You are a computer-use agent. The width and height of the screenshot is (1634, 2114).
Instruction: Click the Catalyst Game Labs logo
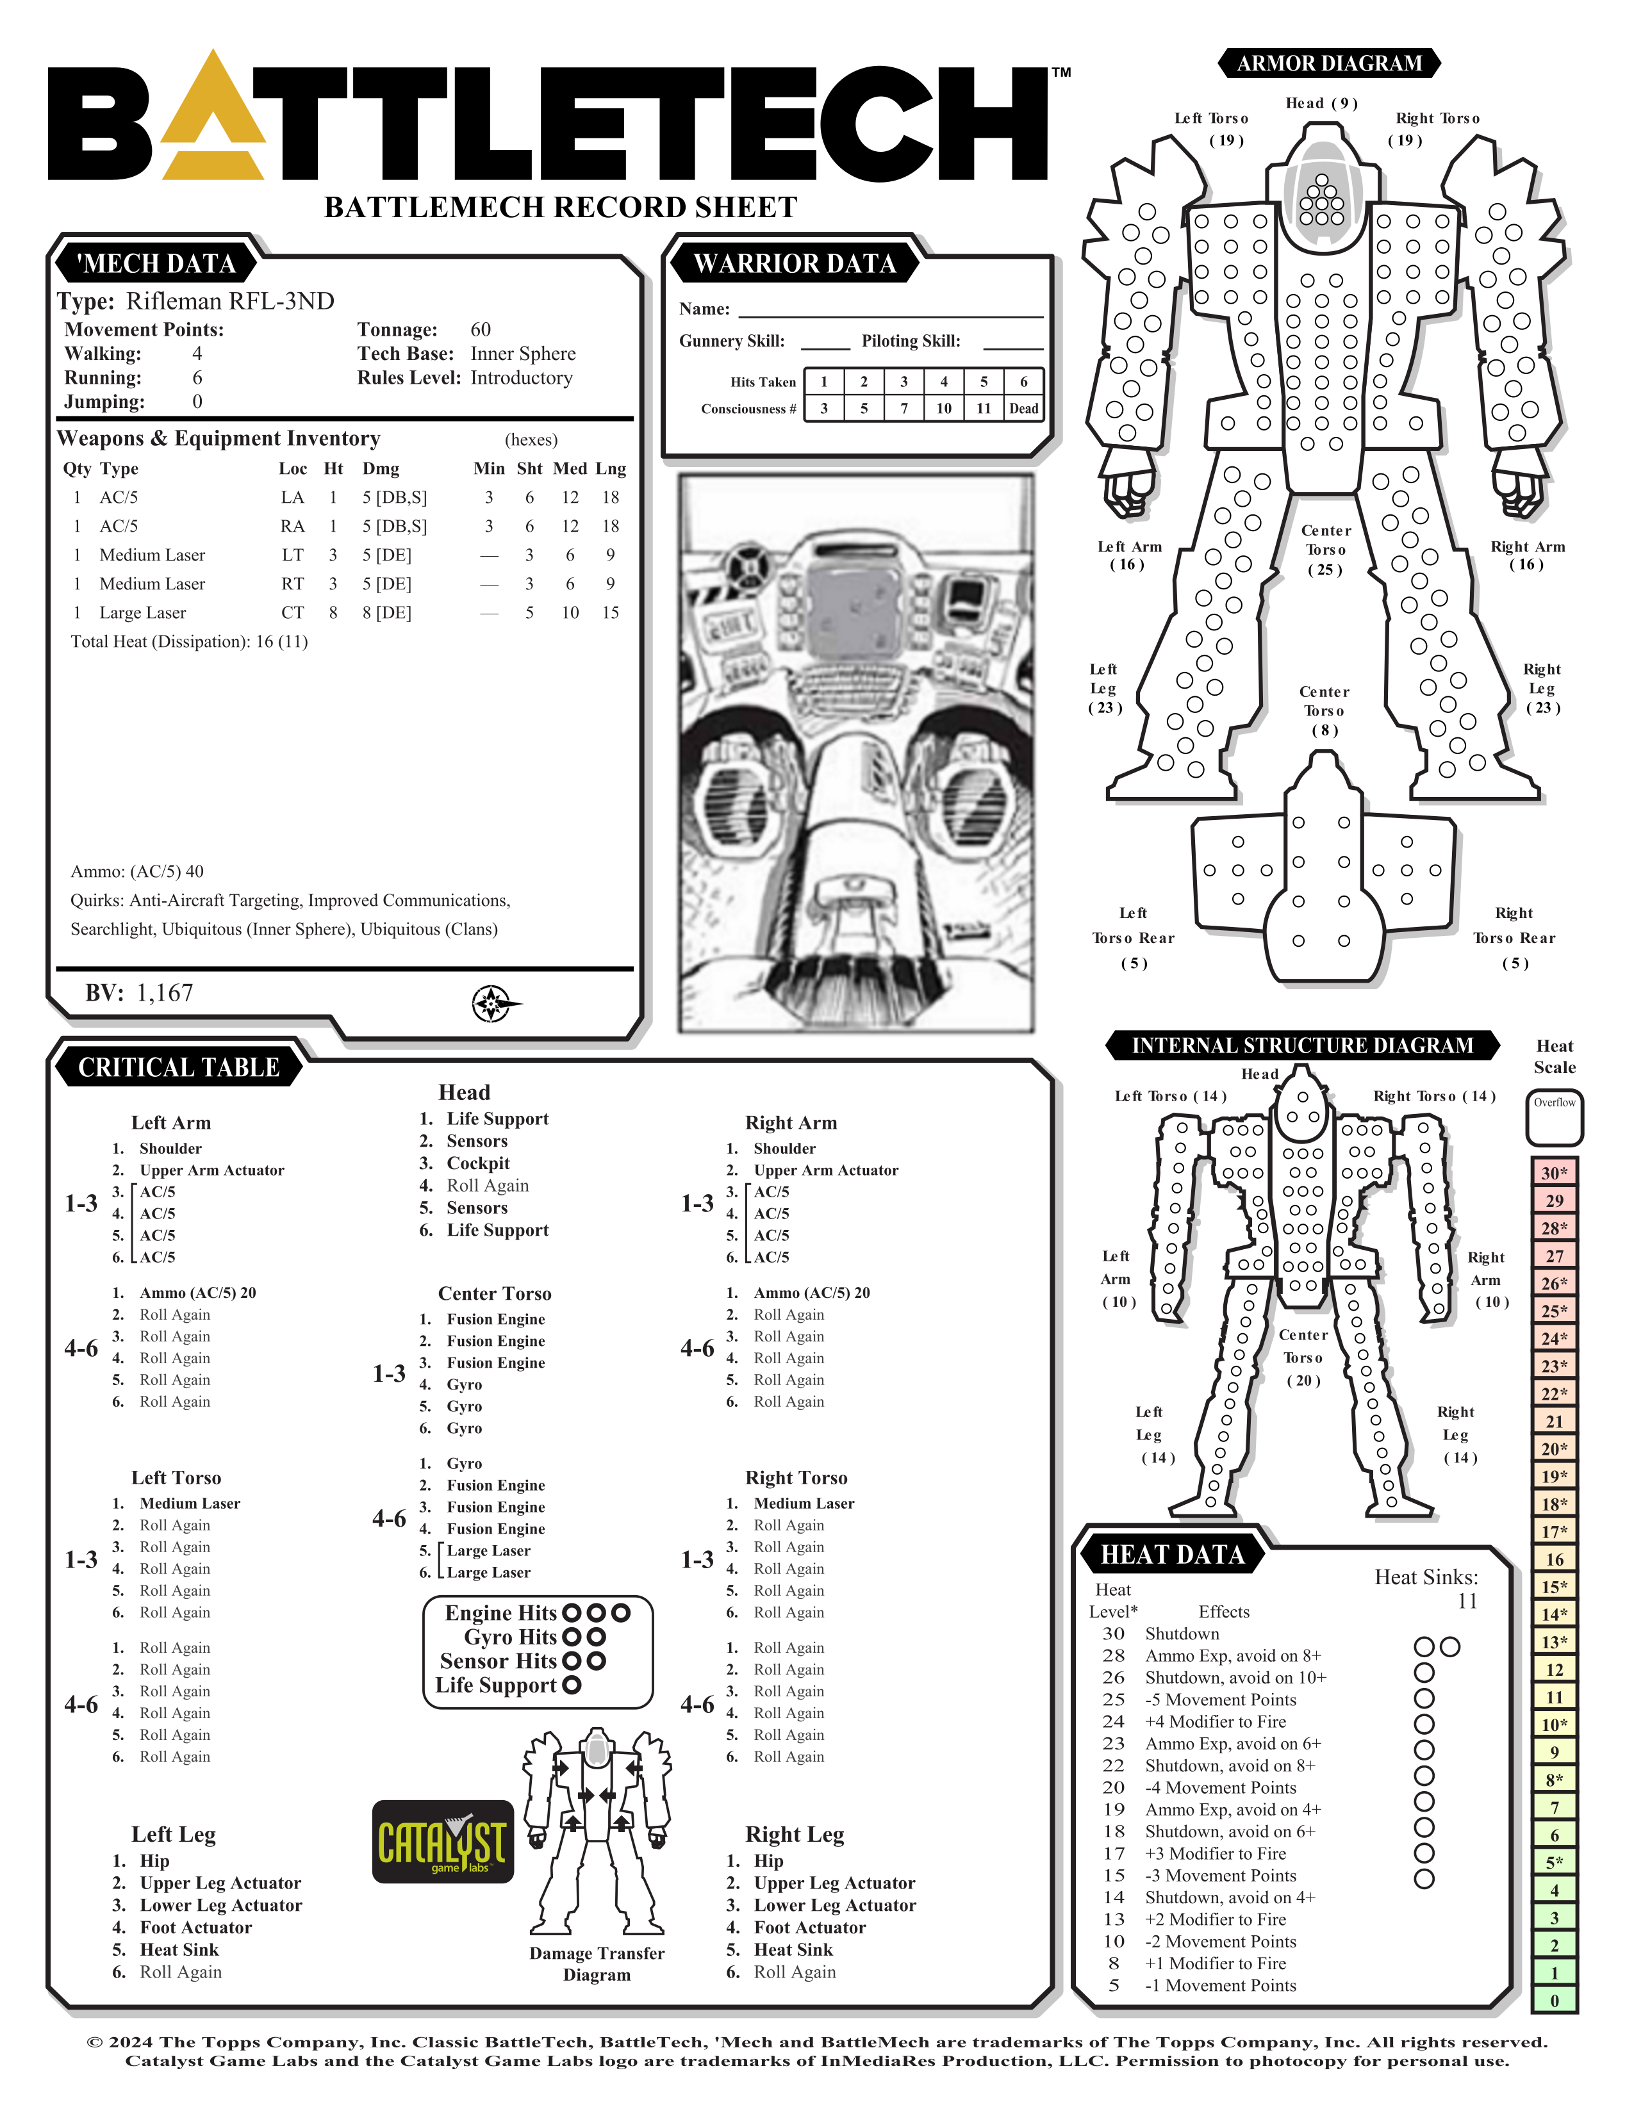(442, 1841)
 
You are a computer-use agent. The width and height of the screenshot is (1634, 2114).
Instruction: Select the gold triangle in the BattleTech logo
(213, 121)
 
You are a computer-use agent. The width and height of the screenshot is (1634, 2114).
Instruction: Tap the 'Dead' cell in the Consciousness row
(1023, 409)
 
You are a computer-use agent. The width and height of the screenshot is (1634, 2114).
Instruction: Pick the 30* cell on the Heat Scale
(1555, 1173)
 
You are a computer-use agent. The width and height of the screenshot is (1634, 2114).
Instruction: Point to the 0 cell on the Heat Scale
(1555, 2001)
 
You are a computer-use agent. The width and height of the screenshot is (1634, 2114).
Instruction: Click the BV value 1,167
(165, 993)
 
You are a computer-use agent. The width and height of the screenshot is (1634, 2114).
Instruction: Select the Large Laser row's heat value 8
(333, 612)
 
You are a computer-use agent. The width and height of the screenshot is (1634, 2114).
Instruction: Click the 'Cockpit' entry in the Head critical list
(478, 1163)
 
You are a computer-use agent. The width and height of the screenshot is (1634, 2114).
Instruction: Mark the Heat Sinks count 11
(1467, 1601)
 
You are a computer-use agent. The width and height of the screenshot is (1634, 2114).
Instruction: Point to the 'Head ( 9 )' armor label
(1321, 104)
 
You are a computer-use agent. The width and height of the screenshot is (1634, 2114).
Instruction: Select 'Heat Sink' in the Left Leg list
(179, 1949)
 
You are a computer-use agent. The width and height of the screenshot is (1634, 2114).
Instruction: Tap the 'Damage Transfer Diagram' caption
(597, 1964)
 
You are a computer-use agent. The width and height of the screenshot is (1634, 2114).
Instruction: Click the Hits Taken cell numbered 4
(944, 381)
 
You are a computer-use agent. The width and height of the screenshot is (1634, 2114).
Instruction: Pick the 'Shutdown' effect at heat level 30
(1182, 1634)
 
